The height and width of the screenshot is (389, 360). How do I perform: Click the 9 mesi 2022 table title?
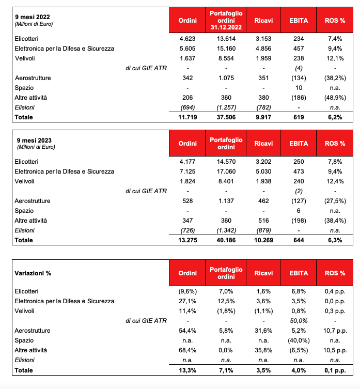tap(34, 17)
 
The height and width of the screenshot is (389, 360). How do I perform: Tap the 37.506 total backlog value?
tap(226, 117)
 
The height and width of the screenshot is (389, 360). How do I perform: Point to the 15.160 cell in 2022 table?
tap(226, 48)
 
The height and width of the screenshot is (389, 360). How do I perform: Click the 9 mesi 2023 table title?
tap(34, 140)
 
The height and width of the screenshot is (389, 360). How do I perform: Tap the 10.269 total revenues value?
tap(263, 240)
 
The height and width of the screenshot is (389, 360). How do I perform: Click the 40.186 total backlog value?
tap(226, 240)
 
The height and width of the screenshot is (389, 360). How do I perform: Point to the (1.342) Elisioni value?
tap(226, 230)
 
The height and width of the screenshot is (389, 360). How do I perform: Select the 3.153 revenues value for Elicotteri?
tap(263, 38)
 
